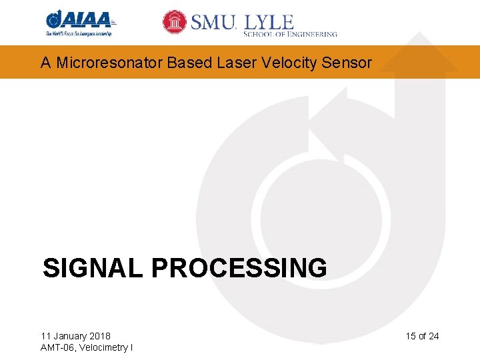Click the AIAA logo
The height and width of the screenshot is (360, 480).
tap(78, 19)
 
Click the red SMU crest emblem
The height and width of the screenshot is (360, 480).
tap(175, 22)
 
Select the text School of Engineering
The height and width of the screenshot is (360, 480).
tap(290, 34)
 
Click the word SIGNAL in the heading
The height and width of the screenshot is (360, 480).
tap(93, 268)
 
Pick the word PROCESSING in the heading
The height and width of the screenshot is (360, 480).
tap(239, 268)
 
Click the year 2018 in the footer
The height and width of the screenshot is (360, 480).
tap(99, 336)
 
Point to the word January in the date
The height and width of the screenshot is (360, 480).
tap(69, 336)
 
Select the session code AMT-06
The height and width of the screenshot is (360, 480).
tap(58, 347)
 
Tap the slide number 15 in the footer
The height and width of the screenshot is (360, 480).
tap(410, 336)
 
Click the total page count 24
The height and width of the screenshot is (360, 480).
tap(433, 336)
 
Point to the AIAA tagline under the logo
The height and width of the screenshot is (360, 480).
tap(78, 33)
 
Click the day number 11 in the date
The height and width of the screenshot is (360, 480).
tap(45, 336)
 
